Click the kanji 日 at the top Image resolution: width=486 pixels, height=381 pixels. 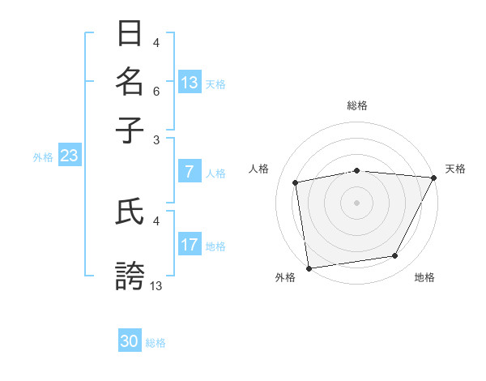(x=130, y=34)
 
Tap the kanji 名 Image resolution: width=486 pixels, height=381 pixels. (x=130, y=82)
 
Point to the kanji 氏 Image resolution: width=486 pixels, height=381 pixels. (x=130, y=212)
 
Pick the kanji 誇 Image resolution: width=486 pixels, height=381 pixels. (x=130, y=276)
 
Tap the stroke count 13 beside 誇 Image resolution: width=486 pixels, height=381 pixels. (x=156, y=285)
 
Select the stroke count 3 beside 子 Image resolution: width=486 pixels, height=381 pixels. (x=156, y=140)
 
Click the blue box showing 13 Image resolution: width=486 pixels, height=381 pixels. (x=190, y=82)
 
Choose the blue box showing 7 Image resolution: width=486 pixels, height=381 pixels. (x=190, y=171)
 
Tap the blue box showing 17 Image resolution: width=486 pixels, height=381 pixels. (x=190, y=245)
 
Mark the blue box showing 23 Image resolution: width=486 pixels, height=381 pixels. (x=69, y=156)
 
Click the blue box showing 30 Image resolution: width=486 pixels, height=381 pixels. (x=130, y=341)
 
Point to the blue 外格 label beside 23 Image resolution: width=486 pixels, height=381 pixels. (x=43, y=157)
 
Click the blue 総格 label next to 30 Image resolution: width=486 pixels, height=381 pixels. (x=156, y=344)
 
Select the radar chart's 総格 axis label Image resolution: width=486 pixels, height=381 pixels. (x=357, y=105)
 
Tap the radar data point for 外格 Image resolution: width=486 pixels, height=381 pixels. (x=309, y=268)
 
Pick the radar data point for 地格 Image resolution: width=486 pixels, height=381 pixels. (x=395, y=256)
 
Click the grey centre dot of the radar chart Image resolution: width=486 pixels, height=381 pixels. (x=356, y=202)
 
